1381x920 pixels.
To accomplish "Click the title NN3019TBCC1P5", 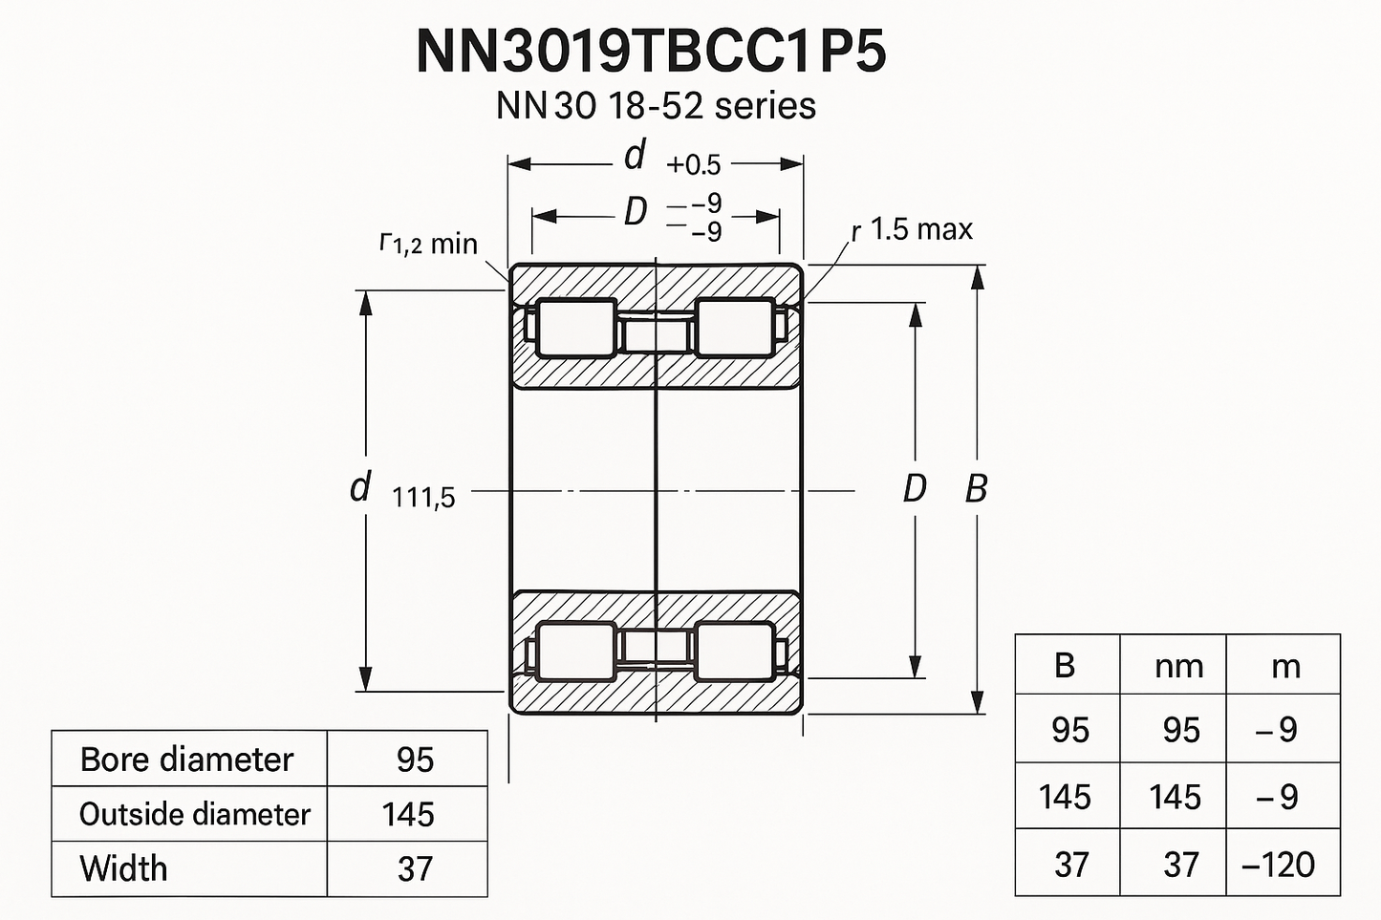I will [x=652, y=52].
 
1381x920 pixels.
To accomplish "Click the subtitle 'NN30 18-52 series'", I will [x=656, y=105].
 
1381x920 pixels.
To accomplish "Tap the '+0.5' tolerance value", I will [x=694, y=165].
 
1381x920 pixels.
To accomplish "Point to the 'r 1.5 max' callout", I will [x=913, y=229].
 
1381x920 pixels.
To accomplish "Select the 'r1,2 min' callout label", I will [x=428, y=244].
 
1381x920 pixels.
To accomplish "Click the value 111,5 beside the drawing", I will [x=423, y=497].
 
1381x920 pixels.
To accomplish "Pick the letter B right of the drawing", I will [x=976, y=488].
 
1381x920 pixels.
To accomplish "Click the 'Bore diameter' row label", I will [x=186, y=760].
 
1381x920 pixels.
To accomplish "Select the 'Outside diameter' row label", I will [x=194, y=814].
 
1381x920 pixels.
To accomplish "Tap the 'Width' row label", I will [x=123, y=868].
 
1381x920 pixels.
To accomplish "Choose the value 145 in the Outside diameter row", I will [x=408, y=814].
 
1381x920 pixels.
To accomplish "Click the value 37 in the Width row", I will [x=416, y=868].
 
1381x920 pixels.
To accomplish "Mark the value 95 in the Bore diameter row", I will [x=416, y=760].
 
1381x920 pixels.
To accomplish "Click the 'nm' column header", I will [x=1178, y=666].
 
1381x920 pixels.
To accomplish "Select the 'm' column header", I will [x=1285, y=666].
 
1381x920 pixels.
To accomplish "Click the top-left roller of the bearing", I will [x=575, y=328].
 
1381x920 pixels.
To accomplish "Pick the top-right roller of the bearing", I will [x=734, y=328].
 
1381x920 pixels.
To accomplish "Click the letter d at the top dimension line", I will [x=635, y=155].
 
